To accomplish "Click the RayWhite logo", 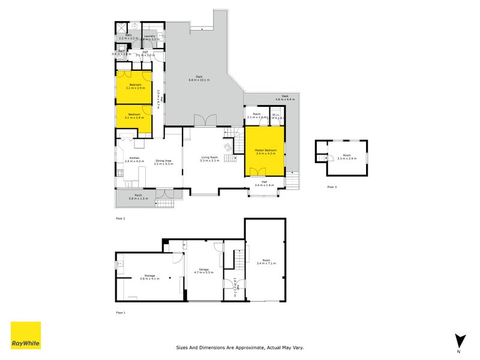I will tap(26, 335).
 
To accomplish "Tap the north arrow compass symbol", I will tap(460, 340).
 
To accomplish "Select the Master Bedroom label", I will tap(265, 149).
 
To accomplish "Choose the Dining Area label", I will tap(163, 160).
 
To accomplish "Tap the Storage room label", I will tap(133, 275).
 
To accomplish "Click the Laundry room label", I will tap(150, 35).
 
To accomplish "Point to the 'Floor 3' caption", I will tap(332, 187).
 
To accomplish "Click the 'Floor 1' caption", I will tap(121, 313).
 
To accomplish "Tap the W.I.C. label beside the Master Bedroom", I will tap(276, 115).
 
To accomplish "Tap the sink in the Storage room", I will tap(120, 263).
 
